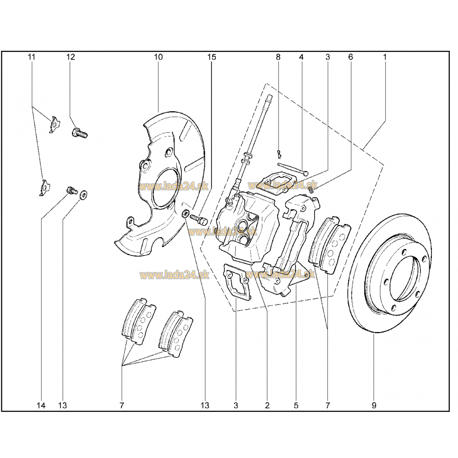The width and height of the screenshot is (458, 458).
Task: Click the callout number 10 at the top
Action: (x=158, y=57)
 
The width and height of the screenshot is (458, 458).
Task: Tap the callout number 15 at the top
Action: (x=212, y=57)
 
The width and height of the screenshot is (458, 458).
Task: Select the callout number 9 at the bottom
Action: (x=374, y=405)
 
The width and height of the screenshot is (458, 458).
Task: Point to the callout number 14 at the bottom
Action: (x=41, y=405)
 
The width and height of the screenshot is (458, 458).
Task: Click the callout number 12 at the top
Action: (x=71, y=57)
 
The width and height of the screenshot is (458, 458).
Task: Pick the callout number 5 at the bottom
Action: (x=296, y=405)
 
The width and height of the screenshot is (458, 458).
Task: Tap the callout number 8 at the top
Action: (x=278, y=57)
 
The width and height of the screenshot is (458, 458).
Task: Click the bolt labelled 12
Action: (x=79, y=133)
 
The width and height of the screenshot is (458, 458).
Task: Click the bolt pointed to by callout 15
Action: (x=198, y=219)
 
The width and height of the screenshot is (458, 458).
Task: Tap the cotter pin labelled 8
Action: (x=279, y=153)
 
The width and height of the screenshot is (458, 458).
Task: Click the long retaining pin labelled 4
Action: (x=293, y=169)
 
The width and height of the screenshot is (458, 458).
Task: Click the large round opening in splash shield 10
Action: (x=165, y=188)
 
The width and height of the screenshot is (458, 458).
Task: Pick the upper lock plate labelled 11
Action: (x=54, y=125)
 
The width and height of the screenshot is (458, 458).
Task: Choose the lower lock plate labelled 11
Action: (x=44, y=187)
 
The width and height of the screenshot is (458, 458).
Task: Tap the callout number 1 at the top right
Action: (x=385, y=57)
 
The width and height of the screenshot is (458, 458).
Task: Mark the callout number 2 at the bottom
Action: (x=267, y=405)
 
